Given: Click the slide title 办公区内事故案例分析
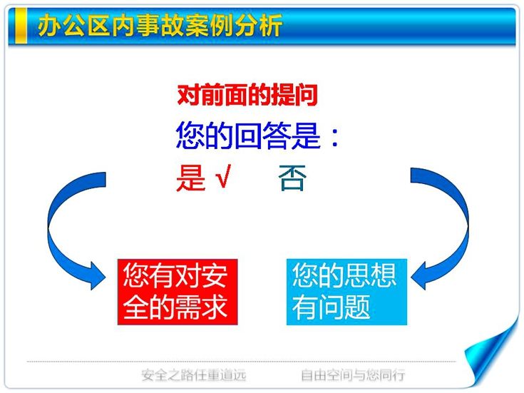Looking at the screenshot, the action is coord(160,25).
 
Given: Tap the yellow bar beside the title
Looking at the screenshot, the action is coord(21,26).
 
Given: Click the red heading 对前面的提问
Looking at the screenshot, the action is coord(247,96).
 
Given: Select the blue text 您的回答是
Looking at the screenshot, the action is coord(248,135).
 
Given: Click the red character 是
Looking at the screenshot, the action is coord(191,178).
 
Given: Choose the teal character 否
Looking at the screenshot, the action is coord(292,178).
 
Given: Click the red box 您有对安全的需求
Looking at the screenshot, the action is coord(178,292).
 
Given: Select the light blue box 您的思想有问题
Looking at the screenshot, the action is coord(346,292).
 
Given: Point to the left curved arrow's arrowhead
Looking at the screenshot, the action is coord(97,276).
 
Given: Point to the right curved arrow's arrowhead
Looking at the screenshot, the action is coord(419,276).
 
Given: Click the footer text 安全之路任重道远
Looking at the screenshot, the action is coord(193,375).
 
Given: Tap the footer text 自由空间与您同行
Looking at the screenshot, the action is coord(353,375).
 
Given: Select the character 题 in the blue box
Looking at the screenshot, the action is coord(357,307).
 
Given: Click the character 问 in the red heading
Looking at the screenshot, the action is coord(307,96).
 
